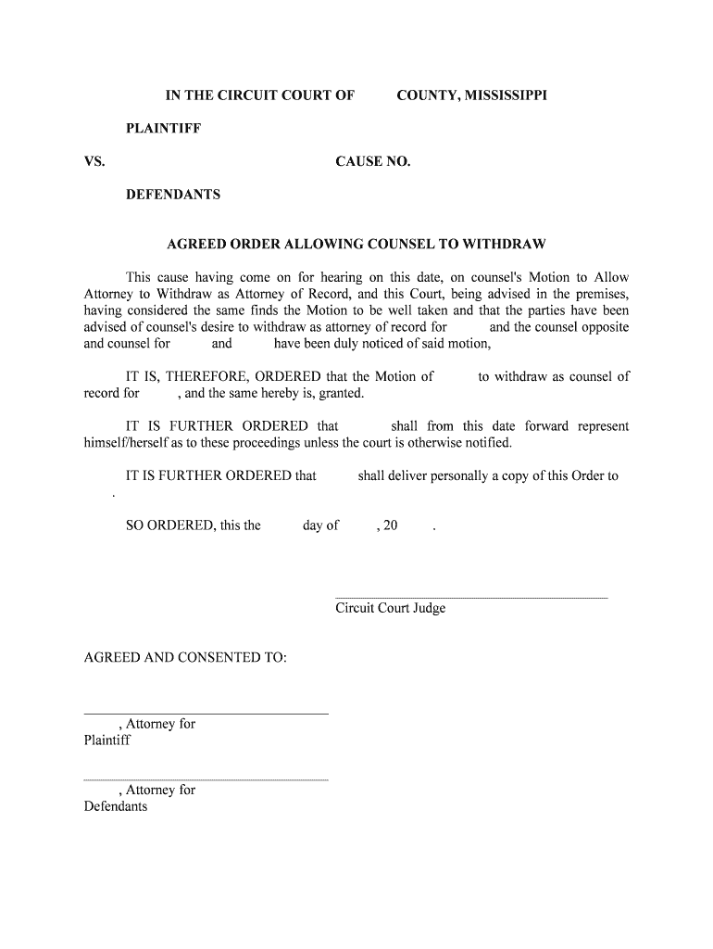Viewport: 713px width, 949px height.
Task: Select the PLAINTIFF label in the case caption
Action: (164, 129)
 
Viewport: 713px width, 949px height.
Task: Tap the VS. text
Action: (94, 162)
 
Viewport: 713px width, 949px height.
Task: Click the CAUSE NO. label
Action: (373, 162)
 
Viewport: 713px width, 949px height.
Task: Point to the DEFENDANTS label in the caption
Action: (173, 196)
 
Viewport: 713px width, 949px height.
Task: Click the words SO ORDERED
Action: (169, 525)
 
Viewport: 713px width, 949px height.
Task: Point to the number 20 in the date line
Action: (390, 525)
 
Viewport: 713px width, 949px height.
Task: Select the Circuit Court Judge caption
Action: (390, 609)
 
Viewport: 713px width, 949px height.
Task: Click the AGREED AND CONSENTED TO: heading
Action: (185, 658)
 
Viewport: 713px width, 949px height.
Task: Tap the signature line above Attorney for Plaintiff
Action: (206, 714)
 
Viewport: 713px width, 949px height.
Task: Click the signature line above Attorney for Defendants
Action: (206, 780)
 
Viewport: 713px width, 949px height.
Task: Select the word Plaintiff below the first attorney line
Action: (107, 740)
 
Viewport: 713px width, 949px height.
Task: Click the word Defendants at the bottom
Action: (116, 807)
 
